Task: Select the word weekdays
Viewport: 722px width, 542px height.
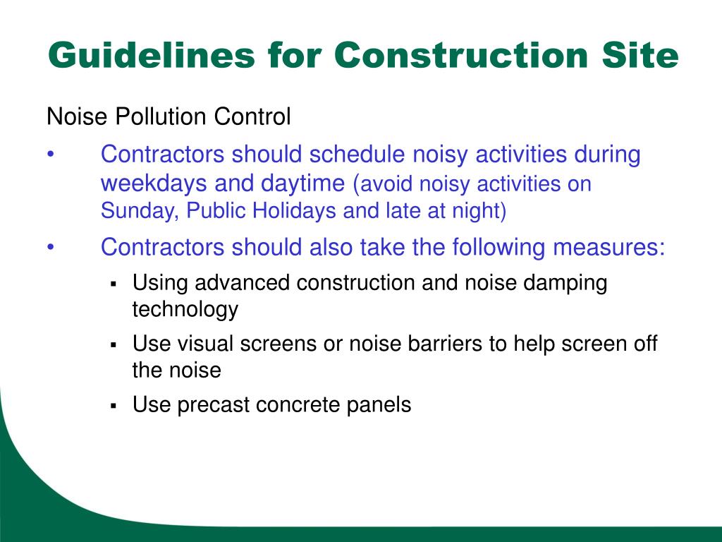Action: pos(154,183)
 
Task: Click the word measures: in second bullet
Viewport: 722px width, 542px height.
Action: pos(608,248)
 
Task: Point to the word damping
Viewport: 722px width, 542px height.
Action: pos(565,283)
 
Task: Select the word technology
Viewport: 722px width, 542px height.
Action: pos(185,309)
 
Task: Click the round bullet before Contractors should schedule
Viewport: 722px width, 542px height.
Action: pos(51,155)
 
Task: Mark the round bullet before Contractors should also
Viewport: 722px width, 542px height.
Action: pos(51,248)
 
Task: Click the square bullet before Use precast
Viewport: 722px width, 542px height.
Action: pos(113,406)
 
